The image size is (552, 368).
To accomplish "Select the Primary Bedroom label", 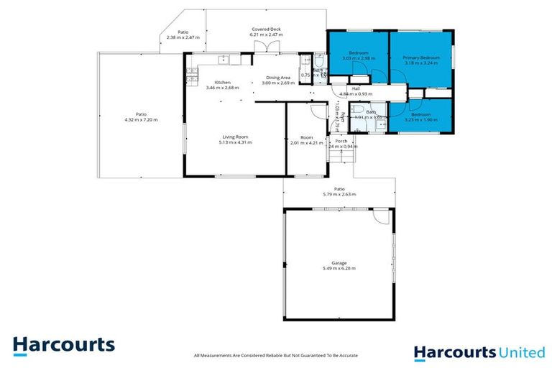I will click(x=420, y=57).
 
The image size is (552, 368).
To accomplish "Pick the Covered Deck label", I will click(x=265, y=29).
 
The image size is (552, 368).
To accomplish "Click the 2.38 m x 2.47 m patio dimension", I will click(x=182, y=37).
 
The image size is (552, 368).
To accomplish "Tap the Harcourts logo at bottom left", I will click(x=63, y=345).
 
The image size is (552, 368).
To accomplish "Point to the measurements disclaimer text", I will click(x=276, y=355).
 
